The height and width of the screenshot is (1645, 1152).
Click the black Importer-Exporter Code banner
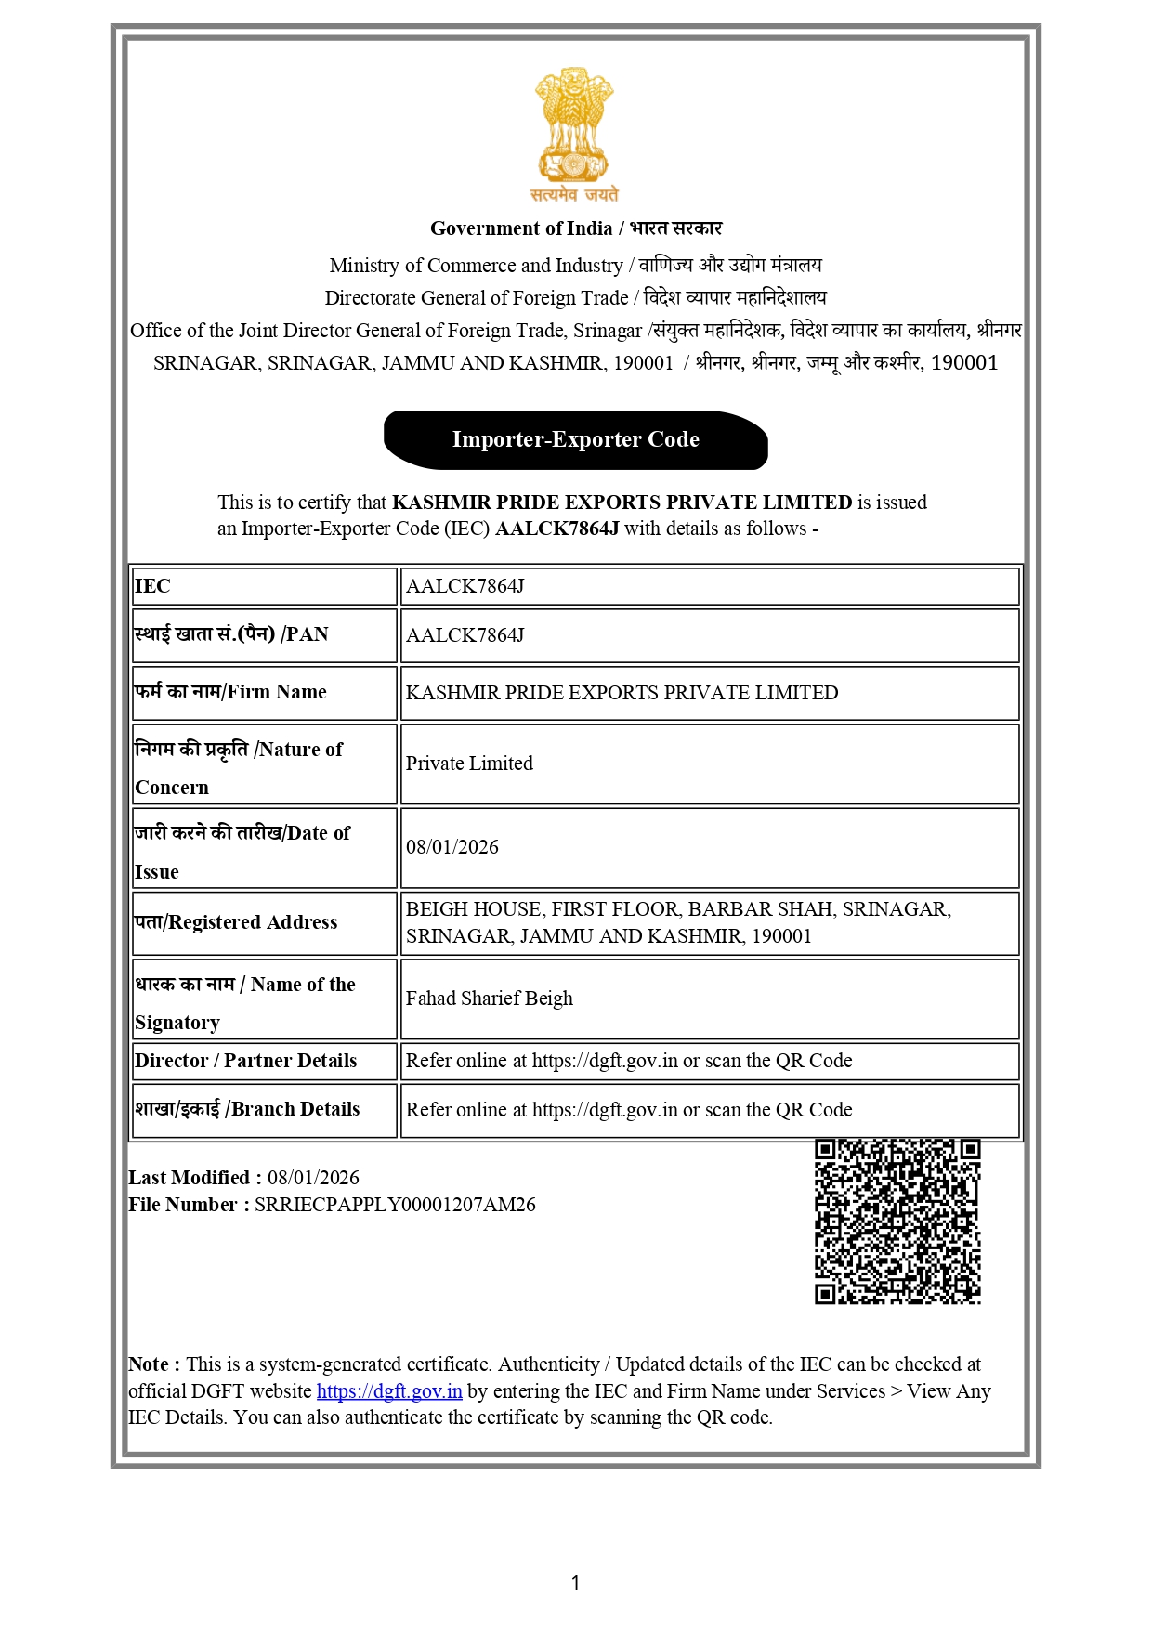(576, 440)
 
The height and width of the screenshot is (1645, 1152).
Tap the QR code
(897, 1221)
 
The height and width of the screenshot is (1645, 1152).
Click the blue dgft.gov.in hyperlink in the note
(389, 1391)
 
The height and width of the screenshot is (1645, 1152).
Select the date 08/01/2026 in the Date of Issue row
(452, 847)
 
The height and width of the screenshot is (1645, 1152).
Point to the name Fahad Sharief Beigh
(490, 999)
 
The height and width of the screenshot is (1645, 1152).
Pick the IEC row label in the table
(153, 586)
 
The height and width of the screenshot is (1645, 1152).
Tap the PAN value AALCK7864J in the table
(465, 635)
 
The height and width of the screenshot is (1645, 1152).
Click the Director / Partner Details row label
(246, 1061)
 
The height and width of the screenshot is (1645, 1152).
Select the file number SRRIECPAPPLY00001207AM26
(395, 1205)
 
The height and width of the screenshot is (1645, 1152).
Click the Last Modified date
(313, 1178)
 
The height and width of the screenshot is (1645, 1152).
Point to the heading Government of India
(521, 228)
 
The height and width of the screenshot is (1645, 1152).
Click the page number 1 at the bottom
(576, 1583)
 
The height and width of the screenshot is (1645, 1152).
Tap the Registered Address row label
(236, 922)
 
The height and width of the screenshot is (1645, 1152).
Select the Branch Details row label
(247, 1109)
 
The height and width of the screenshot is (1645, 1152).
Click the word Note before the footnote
(149, 1364)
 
